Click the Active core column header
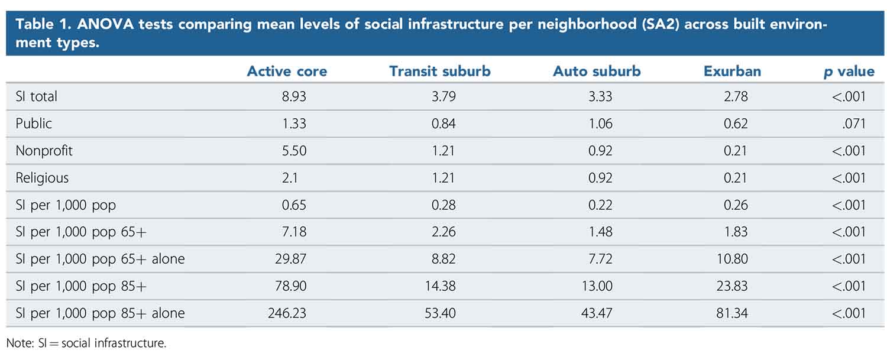tap(287, 72)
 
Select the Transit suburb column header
tap(439, 72)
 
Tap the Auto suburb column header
tap(597, 72)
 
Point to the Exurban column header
tap(732, 72)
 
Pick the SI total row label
tap(36, 96)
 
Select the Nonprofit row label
tap(44, 151)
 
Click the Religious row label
tap(42, 178)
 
